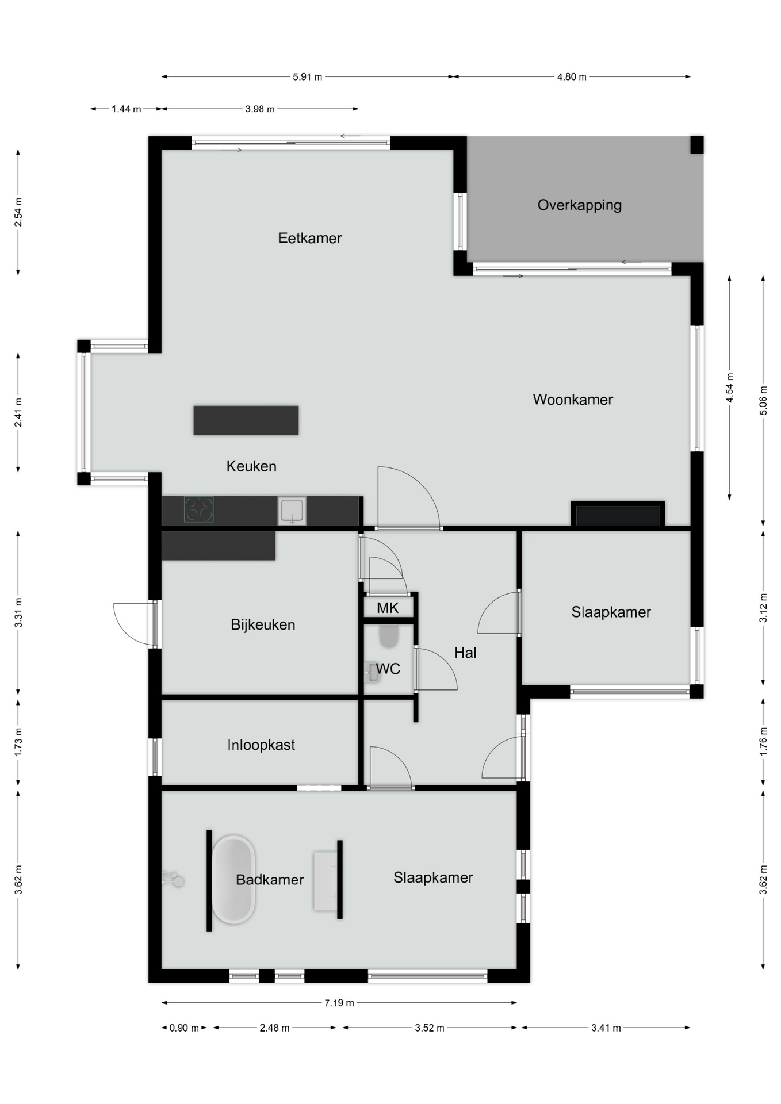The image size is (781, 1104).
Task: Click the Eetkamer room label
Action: [x=309, y=238]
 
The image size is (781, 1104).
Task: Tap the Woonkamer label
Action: [x=573, y=400]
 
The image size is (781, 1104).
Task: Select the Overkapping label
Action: [x=579, y=205]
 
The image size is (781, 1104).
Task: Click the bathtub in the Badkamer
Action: [x=233, y=880]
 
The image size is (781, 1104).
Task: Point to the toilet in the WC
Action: [x=389, y=637]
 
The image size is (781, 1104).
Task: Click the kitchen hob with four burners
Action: [x=199, y=509]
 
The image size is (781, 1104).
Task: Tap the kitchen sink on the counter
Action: [x=292, y=511]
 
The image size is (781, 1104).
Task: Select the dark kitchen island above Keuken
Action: [x=246, y=420]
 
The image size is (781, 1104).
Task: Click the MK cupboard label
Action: [x=388, y=608]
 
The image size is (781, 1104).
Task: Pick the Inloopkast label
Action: [x=261, y=745]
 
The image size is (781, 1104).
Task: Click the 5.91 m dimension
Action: [x=307, y=76]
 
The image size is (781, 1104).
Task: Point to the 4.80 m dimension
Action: [x=572, y=76]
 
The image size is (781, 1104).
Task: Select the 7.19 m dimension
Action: [x=339, y=1003]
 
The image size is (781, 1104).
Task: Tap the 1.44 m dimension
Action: [x=126, y=109]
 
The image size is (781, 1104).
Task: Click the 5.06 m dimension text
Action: [x=763, y=401]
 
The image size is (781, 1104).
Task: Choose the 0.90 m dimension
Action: [x=184, y=1028]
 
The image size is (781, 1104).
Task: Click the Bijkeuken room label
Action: [x=263, y=625]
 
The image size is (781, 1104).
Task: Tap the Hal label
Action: [x=465, y=653]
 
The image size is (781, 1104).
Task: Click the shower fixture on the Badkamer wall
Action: [x=173, y=879]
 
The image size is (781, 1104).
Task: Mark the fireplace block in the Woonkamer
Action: [x=618, y=513]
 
